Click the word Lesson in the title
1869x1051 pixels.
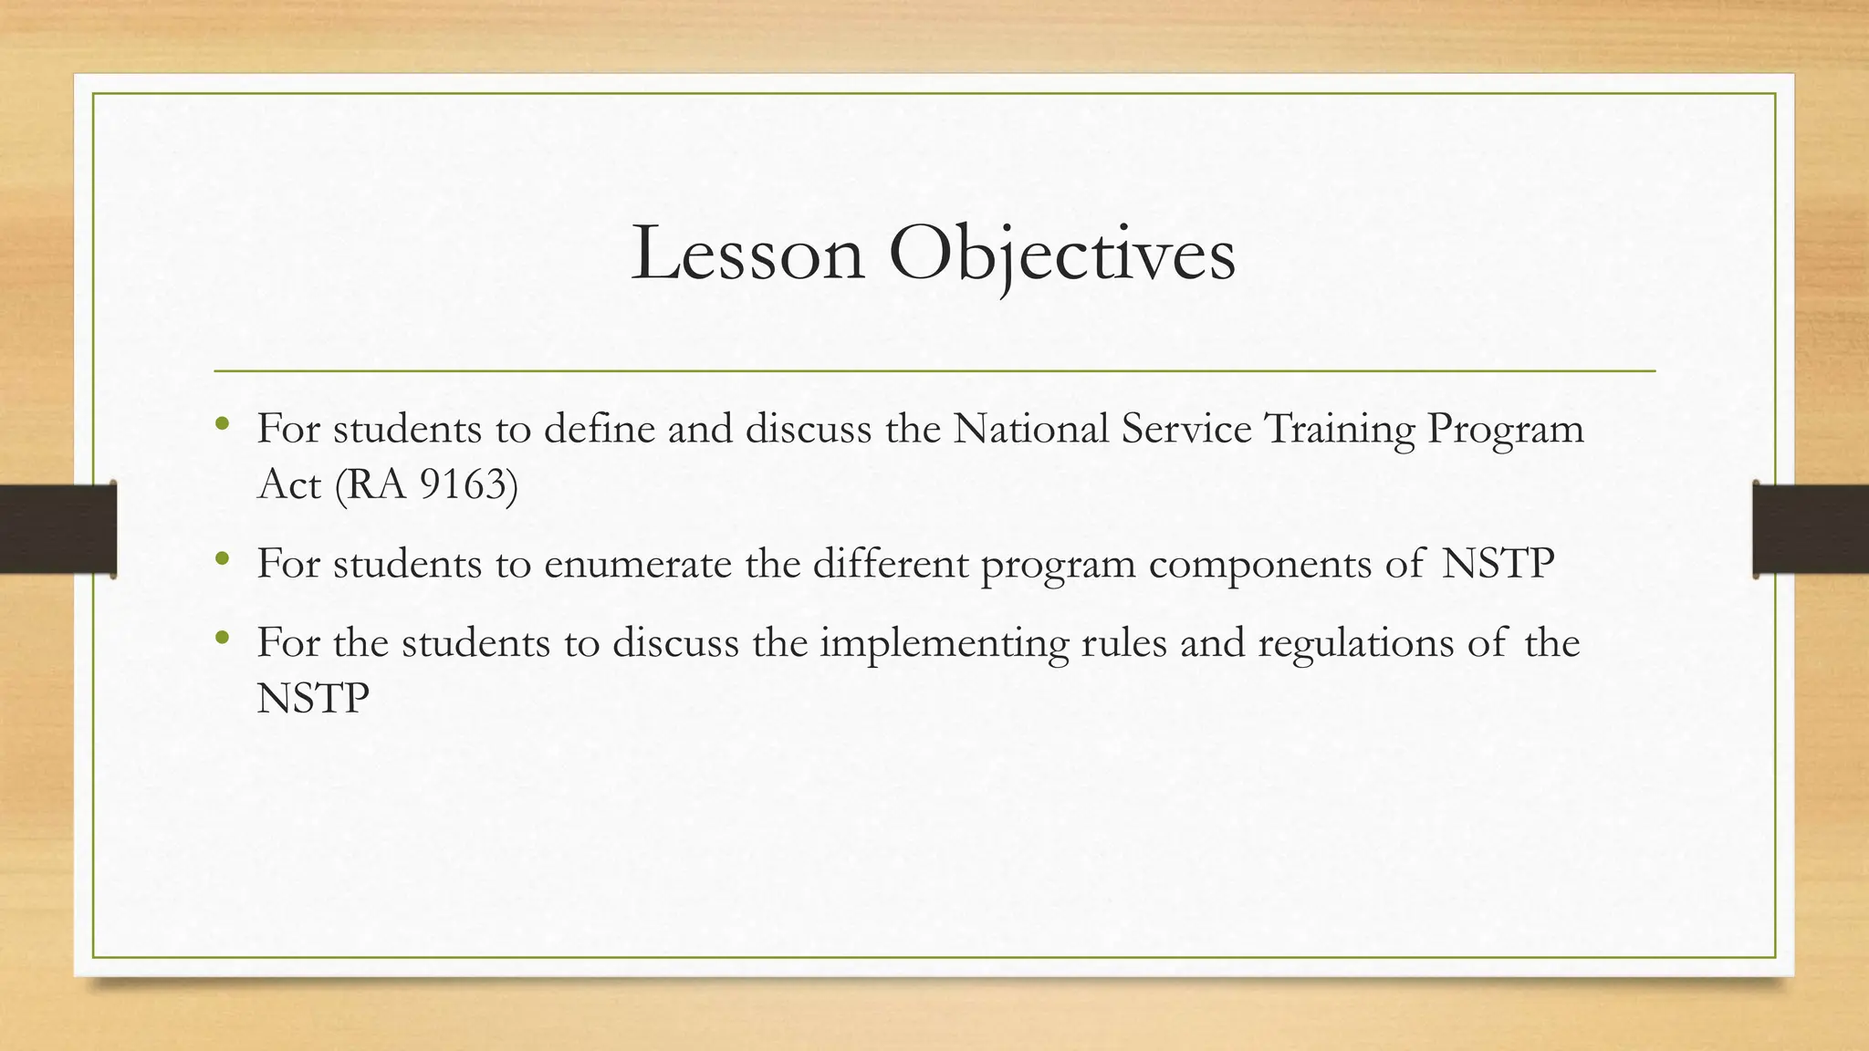(747, 254)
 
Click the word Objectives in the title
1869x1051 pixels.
(1061, 254)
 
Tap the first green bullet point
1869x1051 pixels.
(222, 423)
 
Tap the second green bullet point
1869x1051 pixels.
(222, 558)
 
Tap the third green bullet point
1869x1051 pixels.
(222, 638)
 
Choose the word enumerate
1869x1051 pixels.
(638, 563)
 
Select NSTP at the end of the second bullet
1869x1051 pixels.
(1498, 563)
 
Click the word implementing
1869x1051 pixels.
(944, 644)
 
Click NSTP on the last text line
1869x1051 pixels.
(313, 699)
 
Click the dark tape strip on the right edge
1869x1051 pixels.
(1811, 529)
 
